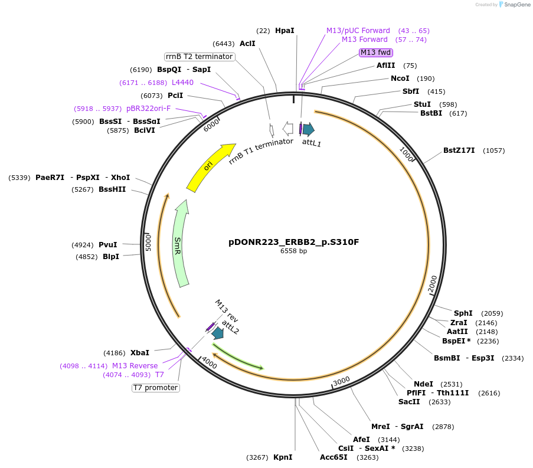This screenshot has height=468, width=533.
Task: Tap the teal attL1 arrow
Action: tap(308, 129)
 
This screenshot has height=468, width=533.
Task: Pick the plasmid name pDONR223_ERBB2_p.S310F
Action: tap(293, 242)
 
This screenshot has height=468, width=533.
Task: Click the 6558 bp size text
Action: tap(293, 251)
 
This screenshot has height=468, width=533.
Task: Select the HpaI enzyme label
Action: tap(285, 30)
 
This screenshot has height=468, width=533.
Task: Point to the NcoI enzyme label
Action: tap(400, 78)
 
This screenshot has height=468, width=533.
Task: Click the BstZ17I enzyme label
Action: tap(459, 150)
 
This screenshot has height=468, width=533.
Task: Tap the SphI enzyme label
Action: tap(463, 313)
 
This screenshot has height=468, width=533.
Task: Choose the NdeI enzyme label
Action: tap(423, 384)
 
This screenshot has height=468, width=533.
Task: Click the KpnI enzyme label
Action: tap(283, 457)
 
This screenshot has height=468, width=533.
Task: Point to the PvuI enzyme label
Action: tap(107, 245)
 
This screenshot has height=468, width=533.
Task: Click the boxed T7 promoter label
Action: tap(155, 388)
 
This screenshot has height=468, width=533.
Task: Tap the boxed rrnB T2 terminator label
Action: tap(199, 57)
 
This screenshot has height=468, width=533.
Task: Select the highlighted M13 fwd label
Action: tap(376, 53)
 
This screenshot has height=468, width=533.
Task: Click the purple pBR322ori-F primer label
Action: tap(148, 109)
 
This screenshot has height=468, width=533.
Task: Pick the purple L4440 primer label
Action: tap(182, 82)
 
